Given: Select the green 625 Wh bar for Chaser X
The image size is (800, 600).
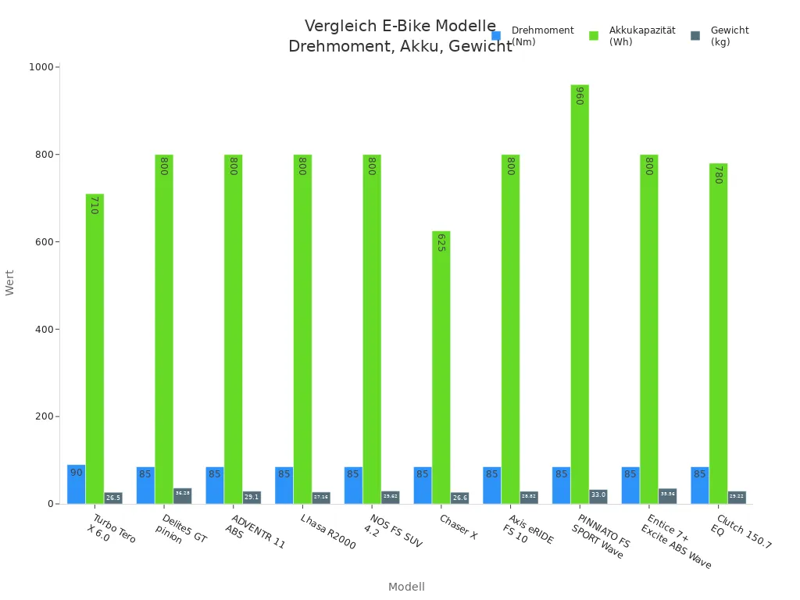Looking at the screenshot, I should coord(441,367).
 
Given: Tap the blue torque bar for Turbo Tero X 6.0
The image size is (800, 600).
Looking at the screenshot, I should coord(76,484).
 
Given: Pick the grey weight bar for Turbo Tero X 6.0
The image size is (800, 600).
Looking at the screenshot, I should coord(113,498).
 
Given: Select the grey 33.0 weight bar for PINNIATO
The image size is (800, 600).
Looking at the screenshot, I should coord(598,496).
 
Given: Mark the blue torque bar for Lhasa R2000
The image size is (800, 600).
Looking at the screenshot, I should coord(284,485).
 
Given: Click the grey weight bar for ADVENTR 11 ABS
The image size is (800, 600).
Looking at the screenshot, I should coord(252,497).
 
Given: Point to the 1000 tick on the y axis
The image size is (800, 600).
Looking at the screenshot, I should coord(41,67).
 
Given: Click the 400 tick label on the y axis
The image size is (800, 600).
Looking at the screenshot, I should coord(43,329).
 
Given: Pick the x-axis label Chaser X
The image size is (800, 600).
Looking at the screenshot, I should coord(458,527).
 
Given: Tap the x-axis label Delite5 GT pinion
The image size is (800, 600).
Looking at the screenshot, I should coord(181,529).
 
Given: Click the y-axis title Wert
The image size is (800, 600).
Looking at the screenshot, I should coord(10,282).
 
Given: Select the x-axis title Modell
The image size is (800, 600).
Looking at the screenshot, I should coord(406,587).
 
